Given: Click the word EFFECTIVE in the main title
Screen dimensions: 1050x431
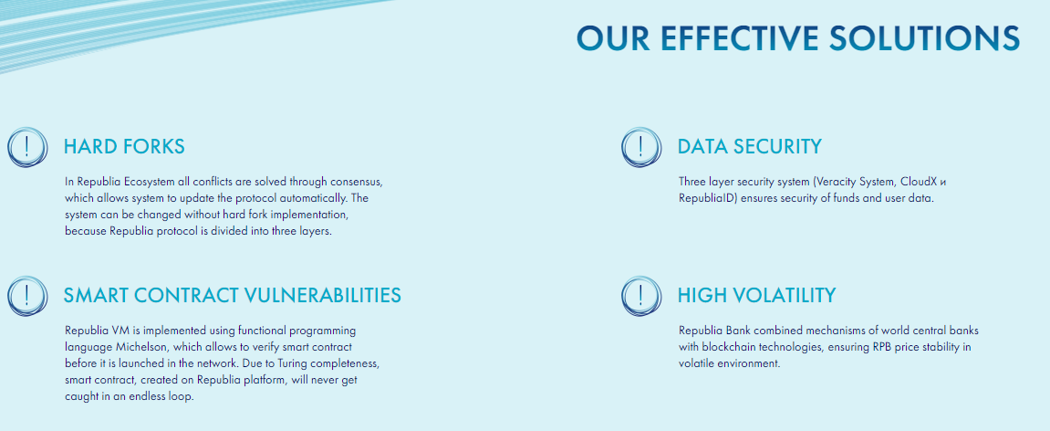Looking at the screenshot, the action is pos(735,38).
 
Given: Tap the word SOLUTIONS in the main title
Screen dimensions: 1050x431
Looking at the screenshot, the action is pos(925,38).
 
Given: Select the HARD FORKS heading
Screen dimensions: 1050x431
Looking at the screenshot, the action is pos(124,146).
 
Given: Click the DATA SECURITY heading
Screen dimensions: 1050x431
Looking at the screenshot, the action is pos(749,146).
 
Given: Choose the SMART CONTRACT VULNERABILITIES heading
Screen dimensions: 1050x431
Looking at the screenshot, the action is pos(233,295).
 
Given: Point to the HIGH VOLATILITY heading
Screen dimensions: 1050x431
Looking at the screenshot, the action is pos(756,295).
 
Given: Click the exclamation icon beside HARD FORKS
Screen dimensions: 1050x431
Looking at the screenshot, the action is pos(27,147).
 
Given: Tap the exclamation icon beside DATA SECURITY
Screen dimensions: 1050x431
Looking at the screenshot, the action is pos(640,147).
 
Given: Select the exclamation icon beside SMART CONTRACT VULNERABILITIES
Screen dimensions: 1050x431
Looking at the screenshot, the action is pos(27,296).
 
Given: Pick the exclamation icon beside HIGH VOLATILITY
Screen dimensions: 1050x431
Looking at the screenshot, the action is pos(640,296).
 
